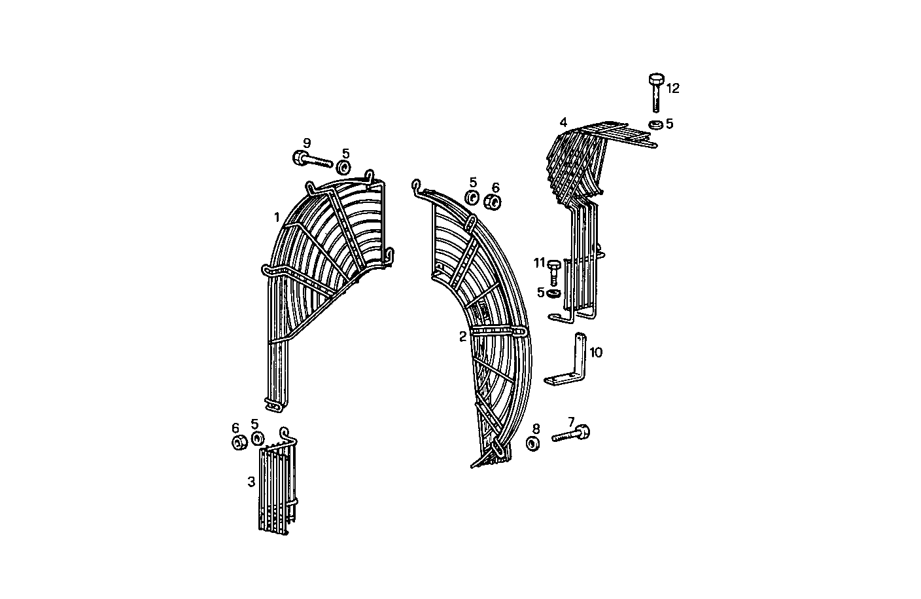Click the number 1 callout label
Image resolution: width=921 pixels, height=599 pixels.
(277, 217)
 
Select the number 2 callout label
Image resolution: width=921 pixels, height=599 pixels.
(462, 336)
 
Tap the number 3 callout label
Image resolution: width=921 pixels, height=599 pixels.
(251, 482)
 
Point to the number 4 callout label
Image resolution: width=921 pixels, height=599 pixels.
(563, 122)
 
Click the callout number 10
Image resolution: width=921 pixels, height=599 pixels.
(595, 353)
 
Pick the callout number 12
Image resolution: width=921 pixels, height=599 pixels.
(672, 88)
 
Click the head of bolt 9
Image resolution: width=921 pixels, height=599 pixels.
(299, 157)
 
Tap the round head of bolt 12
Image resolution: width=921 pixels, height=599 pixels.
(655, 79)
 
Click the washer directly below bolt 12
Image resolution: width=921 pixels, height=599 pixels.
(654, 124)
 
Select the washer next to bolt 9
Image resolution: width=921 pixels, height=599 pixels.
(344, 167)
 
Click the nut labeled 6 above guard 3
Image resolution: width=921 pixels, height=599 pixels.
(239, 443)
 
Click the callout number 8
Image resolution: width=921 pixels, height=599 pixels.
(536, 429)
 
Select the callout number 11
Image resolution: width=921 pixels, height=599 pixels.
(539, 263)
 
